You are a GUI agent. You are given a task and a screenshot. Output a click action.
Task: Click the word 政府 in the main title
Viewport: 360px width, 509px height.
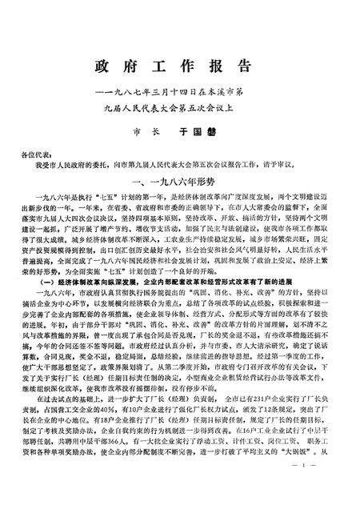pos(120,64)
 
